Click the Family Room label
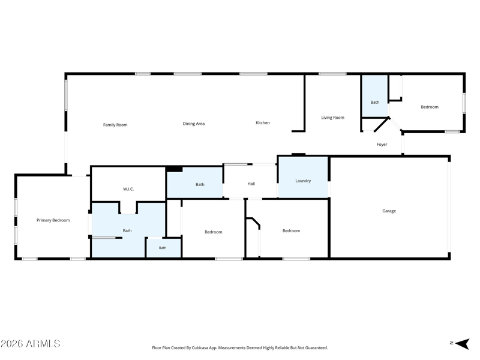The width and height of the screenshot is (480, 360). (115, 125)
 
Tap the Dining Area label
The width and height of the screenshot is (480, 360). (193, 124)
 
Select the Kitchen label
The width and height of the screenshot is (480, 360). (263, 123)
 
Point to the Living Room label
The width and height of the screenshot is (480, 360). (332, 118)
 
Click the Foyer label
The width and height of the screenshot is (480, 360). (382, 145)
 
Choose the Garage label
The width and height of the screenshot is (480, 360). (389, 211)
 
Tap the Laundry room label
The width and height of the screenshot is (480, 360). (303, 181)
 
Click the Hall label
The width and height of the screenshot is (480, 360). (251, 184)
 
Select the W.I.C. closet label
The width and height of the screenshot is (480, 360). (128, 189)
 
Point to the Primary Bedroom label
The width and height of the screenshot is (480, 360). (53, 220)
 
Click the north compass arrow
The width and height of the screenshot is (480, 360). (462, 343)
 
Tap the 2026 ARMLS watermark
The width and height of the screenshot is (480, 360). (31, 343)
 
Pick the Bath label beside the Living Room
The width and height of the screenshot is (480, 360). (374, 102)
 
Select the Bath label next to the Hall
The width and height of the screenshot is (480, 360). (200, 185)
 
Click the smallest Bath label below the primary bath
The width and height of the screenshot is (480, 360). (163, 248)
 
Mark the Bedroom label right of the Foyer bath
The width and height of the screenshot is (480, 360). (430, 107)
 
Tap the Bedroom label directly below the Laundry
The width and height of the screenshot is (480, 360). (291, 231)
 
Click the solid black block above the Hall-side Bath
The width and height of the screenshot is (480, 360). (174, 169)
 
